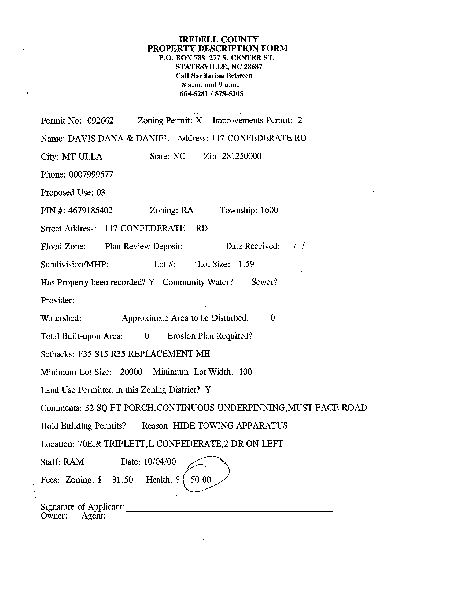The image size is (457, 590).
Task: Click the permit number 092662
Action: (x=100, y=121)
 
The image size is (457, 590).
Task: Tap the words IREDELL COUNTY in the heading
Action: (x=219, y=39)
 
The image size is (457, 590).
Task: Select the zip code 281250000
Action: (x=241, y=156)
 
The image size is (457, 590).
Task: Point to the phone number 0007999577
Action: (x=91, y=175)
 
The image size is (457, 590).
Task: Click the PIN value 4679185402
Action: (x=90, y=210)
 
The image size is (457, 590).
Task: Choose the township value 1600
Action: (x=269, y=210)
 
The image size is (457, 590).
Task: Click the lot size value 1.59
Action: (x=246, y=264)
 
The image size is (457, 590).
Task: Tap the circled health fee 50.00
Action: (x=201, y=480)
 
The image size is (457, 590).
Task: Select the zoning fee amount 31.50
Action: (x=123, y=480)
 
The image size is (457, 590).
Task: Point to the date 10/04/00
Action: (x=160, y=462)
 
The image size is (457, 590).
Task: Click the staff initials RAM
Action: (x=73, y=462)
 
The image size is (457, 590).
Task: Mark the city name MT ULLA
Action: (x=82, y=157)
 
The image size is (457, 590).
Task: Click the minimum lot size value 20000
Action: (x=131, y=372)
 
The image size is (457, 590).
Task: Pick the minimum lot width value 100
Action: (x=245, y=372)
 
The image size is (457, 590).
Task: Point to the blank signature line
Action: (x=229, y=510)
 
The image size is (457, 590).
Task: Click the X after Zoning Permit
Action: (x=199, y=120)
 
